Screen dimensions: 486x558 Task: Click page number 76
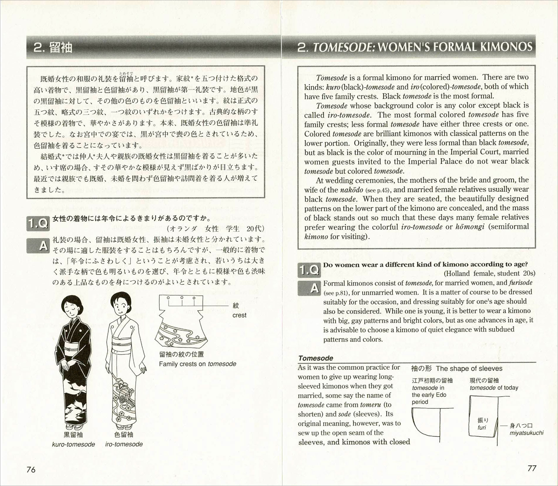[31, 470]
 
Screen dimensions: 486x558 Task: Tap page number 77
[532, 468]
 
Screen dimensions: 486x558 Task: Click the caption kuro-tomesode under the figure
[73, 444]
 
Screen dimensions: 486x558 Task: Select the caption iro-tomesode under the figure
[124, 444]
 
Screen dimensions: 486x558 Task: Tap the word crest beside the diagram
[239, 315]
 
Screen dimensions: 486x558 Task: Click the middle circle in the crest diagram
[182, 298]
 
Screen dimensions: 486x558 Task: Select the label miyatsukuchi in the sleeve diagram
[527, 433]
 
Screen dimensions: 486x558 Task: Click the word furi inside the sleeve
[482, 428]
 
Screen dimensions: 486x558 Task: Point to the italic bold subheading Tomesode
[315, 358]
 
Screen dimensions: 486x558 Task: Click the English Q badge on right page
[309, 270]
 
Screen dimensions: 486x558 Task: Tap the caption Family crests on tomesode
[198, 364]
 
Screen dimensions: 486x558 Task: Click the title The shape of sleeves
[469, 369]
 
